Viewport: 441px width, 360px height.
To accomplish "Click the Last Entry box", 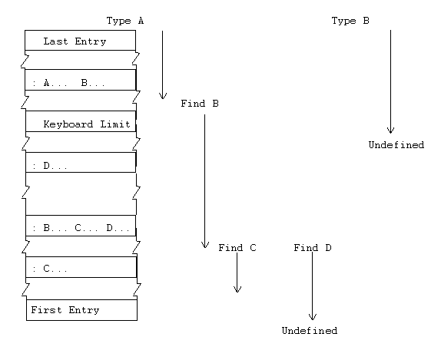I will pos(80,41).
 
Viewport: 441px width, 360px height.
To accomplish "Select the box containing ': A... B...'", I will pos(80,82).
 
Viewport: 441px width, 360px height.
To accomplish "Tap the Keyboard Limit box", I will pos(80,124).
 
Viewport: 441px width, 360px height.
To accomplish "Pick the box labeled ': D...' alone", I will pos(80,164).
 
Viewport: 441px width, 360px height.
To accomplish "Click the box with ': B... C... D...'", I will pos(80,227).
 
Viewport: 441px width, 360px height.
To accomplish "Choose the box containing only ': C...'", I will pos(80,269).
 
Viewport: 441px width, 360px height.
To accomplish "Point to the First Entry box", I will pos(81,310).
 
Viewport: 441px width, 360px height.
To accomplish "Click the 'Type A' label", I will pos(125,21).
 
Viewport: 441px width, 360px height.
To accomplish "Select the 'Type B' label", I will pos(350,21).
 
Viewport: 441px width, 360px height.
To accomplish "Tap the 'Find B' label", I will pos(200,103).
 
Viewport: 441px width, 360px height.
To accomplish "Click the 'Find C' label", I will pos(237,248).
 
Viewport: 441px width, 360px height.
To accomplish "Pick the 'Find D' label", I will pos(313,248).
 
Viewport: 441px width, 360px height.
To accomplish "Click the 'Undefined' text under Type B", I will pos(396,144).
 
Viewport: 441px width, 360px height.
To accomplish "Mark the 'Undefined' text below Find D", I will pos(309,331).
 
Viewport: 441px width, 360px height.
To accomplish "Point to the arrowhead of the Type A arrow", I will pos(162,96).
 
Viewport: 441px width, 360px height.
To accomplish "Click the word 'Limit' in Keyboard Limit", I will pos(118,124).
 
